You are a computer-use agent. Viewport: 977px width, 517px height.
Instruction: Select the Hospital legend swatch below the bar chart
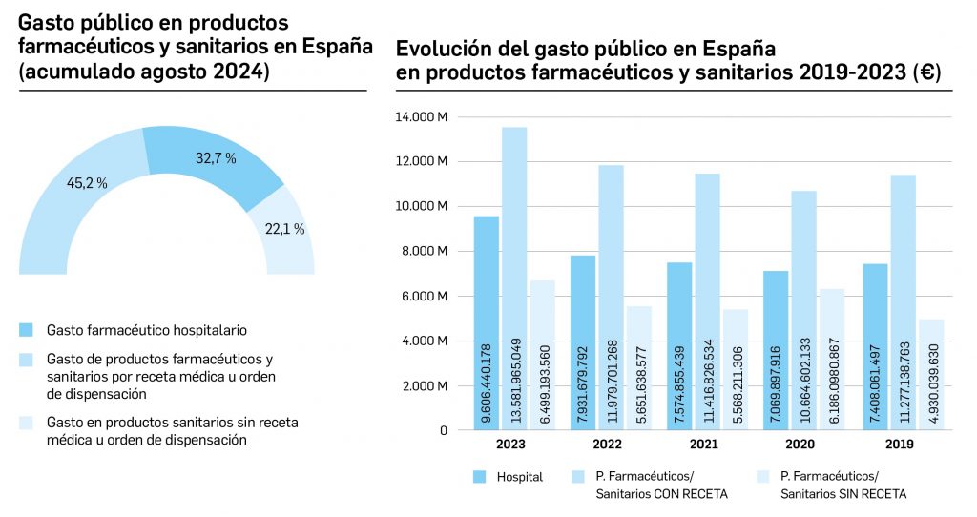[481, 477]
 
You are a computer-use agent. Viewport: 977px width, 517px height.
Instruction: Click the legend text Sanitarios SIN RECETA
[843, 493]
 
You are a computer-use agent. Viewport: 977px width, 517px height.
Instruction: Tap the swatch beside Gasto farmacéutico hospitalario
[27, 330]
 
